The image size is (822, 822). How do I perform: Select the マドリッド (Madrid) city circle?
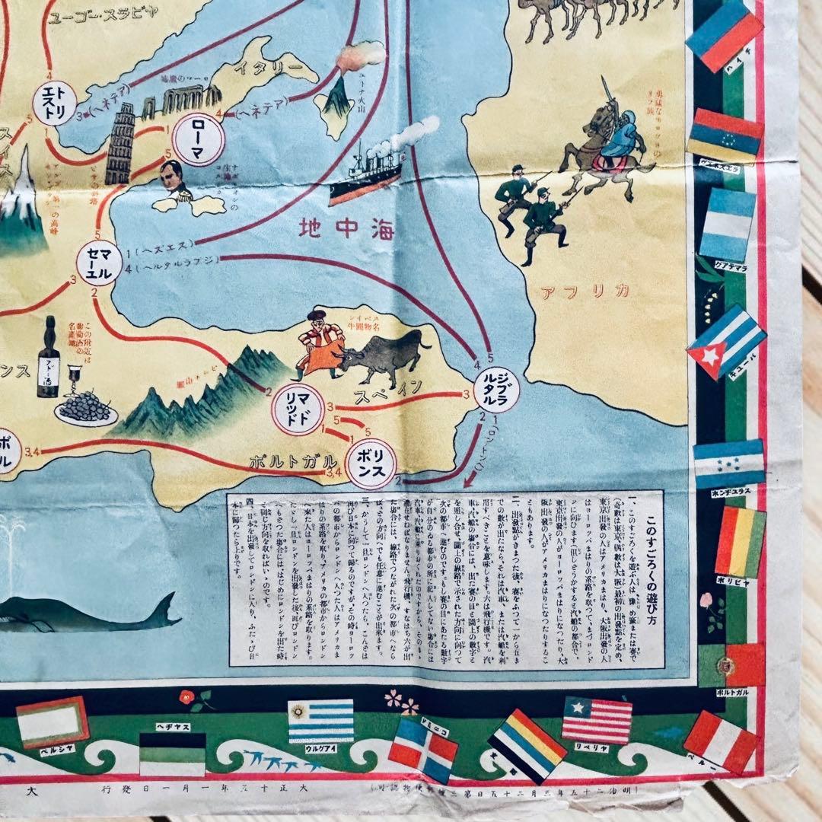point(298,409)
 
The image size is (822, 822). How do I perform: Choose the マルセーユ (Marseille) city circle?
point(99,262)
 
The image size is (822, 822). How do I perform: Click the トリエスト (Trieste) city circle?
point(55,104)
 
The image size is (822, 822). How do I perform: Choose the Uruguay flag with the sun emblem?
point(320,720)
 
